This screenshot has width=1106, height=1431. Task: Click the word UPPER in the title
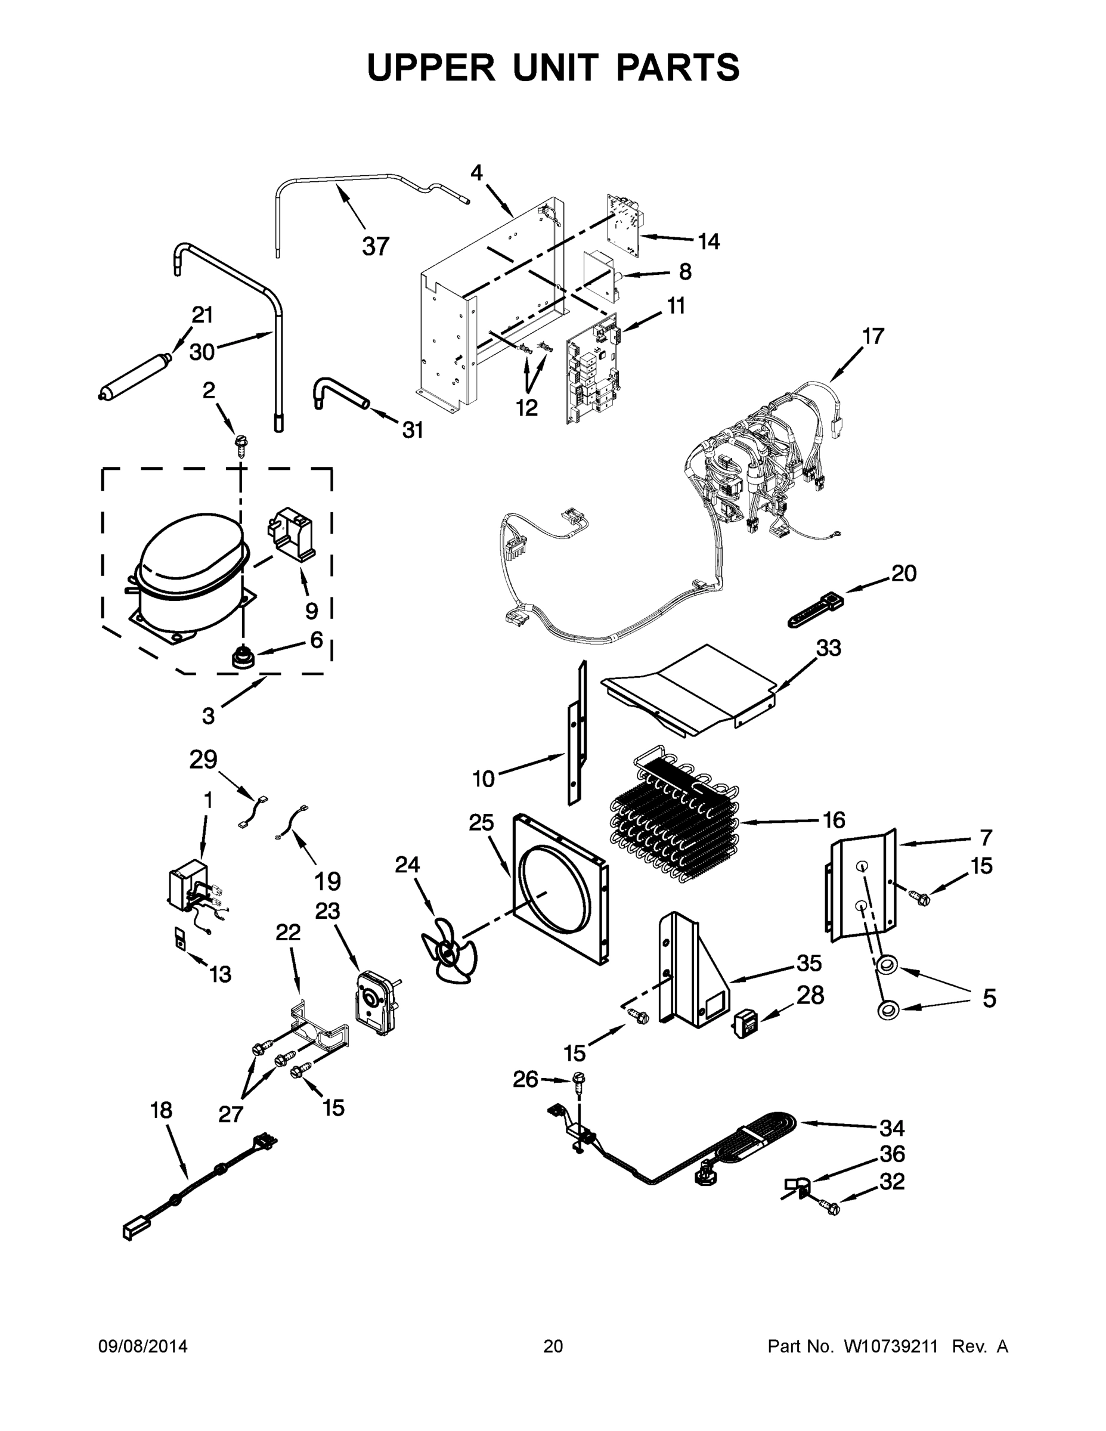(x=432, y=67)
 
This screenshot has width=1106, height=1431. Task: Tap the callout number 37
(x=376, y=246)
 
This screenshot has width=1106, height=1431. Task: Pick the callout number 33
(x=828, y=648)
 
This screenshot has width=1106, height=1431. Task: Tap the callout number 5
(x=989, y=999)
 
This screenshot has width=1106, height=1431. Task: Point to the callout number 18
(x=161, y=1110)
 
